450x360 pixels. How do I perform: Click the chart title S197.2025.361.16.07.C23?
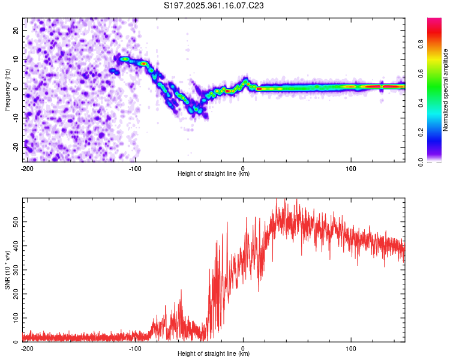click(x=214, y=6)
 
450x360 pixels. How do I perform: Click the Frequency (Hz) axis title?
click(x=7, y=89)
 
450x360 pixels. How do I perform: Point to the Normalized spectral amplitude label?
click(x=446, y=91)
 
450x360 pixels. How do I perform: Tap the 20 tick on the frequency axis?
click(x=16, y=30)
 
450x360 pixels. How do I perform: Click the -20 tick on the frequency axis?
click(x=14, y=147)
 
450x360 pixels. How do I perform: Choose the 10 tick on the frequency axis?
click(x=16, y=59)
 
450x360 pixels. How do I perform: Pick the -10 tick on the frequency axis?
click(x=14, y=118)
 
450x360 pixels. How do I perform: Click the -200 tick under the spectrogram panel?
click(x=26, y=169)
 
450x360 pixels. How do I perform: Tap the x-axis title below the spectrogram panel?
click(x=214, y=174)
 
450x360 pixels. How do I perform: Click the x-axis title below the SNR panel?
click(x=214, y=354)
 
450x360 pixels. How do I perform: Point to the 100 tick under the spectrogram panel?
click(x=351, y=169)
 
